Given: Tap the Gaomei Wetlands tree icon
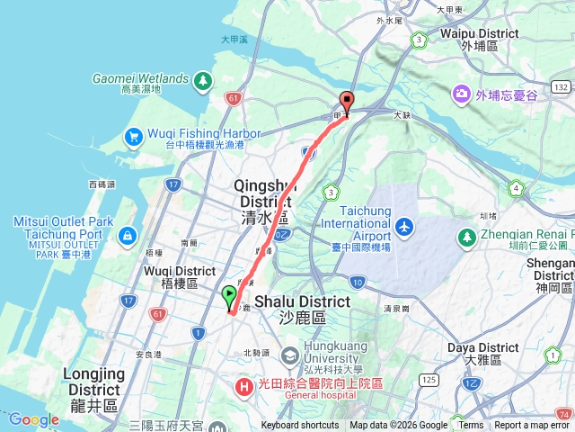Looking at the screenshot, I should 204,82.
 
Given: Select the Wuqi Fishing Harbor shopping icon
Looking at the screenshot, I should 133,137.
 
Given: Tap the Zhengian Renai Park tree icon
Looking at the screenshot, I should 466,237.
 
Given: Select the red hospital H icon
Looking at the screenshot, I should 243,387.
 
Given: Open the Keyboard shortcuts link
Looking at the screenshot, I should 299,426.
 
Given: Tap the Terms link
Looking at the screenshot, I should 472,426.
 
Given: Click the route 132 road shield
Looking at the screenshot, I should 562,86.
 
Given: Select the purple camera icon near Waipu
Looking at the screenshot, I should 462,93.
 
